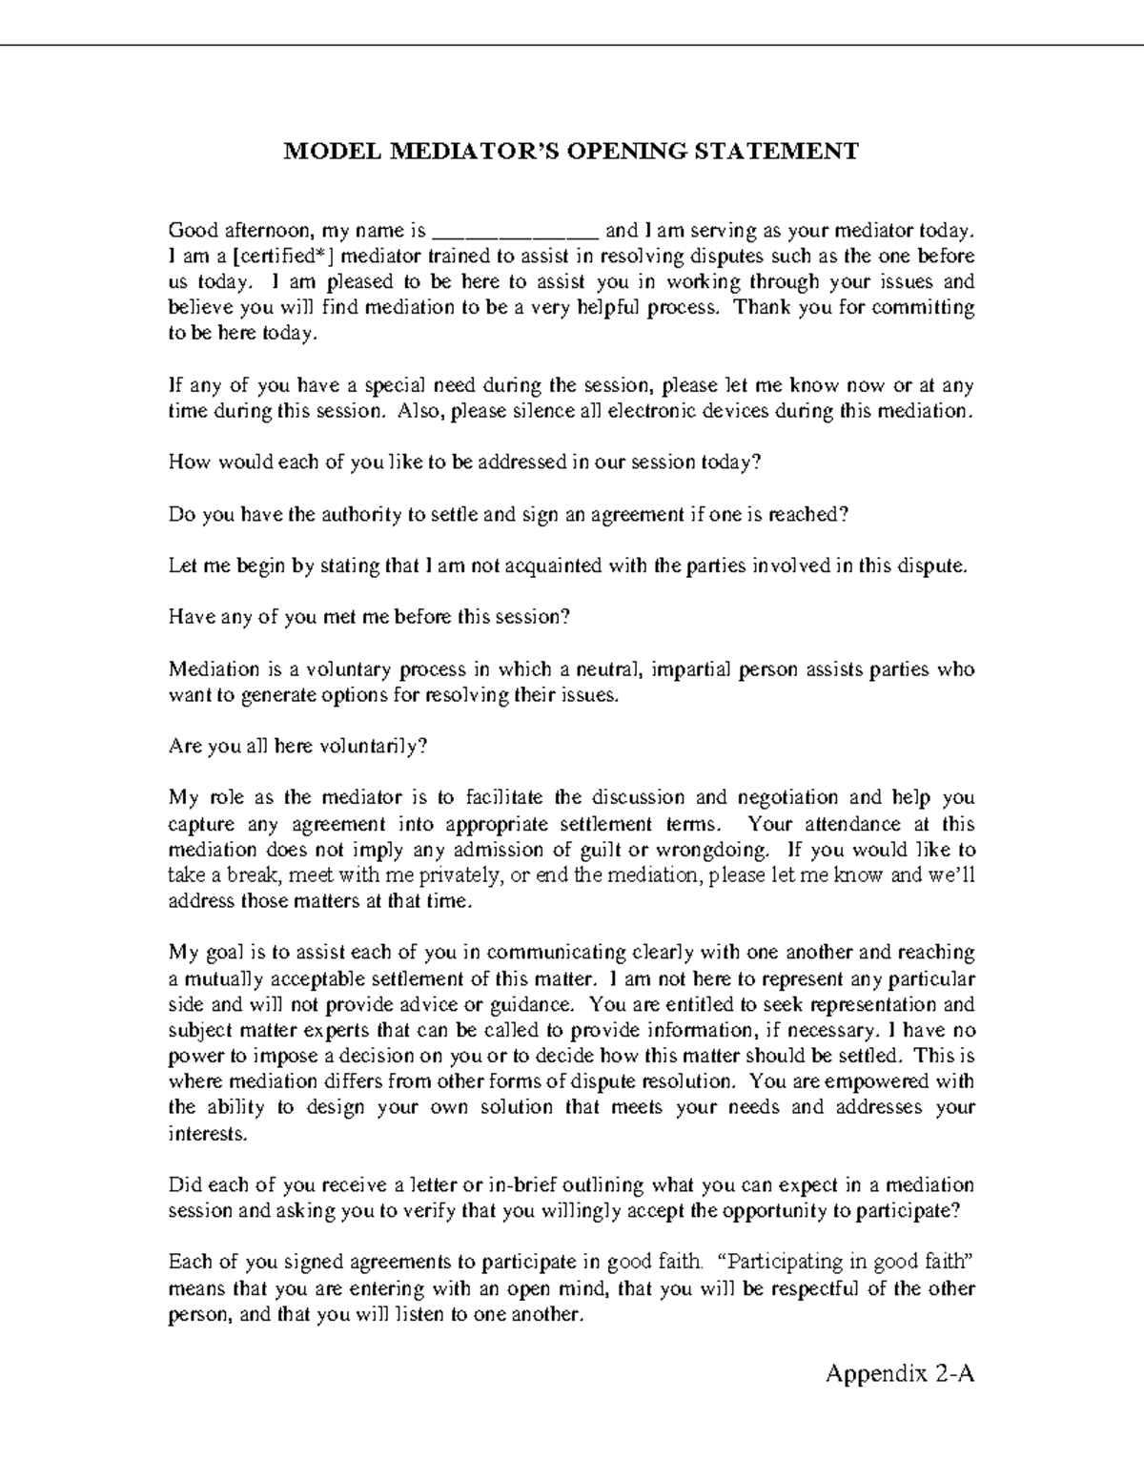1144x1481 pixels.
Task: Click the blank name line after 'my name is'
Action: pyautogui.click(x=515, y=232)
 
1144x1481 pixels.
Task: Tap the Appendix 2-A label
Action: pyautogui.click(x=900, y=1374)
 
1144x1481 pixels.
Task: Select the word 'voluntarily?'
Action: pyautogui.click(x=373, y=747)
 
